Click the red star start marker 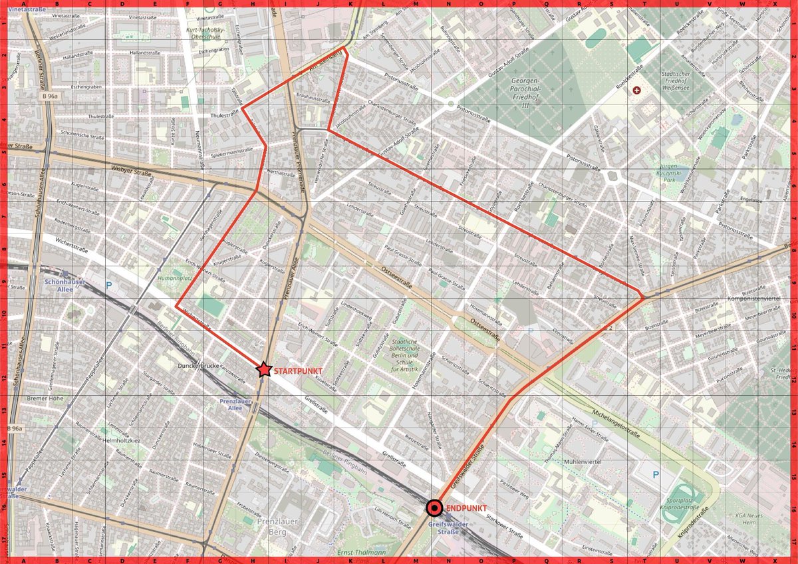tap(264, 370)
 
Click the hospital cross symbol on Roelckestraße tap(636, 89)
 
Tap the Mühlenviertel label tap(563, 460)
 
